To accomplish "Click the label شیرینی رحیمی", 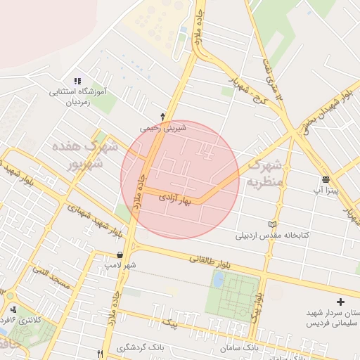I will (x=163, y=128).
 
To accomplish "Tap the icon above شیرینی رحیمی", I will (x=163, y=116).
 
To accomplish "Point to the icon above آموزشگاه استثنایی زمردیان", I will (x=77, y=82).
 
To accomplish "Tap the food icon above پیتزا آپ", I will (x=326, y=179).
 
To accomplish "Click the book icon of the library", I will (x=272, y=224).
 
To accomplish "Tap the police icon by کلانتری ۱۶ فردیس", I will (x=13, y=309).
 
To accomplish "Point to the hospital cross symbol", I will (x=341, y=301).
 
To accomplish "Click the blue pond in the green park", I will (x=218, y=280).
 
